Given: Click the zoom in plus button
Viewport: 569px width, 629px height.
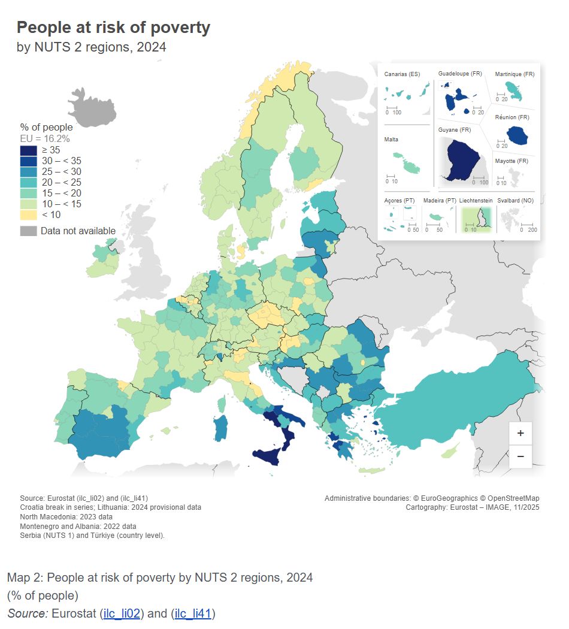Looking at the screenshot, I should pyautogui.click(x=520, y=433).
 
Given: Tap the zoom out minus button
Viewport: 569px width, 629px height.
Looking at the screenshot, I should pyautogui.click(x=520, y=456).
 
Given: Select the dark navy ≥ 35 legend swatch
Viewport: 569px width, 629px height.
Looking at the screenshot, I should pyautogui.click(x=28, y=150).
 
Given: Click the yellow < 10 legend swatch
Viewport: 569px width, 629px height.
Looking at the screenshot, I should pyautogui.click(x=28, y=215).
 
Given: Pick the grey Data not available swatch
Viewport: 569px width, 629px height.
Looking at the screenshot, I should pyautogui.click(x=28, y=231).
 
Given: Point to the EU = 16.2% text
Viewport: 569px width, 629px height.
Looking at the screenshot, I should pyautogui.click(x=45, y=138).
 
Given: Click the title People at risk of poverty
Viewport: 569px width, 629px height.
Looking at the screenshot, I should pyautogui.click(x=113, y=28).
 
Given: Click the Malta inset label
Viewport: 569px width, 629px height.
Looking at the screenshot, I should pyautogui.click(x=391, y=140).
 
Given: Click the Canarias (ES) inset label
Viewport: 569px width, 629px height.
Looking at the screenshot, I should pyautogui.click(x=402, y=74).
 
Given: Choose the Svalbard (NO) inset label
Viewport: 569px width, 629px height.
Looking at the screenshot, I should pyautogui.click(x=514, y=200).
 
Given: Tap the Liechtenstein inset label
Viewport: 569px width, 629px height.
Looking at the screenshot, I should pyautogui.click(x=476, y=200).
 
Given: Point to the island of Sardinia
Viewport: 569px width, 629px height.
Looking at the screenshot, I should pyautogui.click(x=221, y=427).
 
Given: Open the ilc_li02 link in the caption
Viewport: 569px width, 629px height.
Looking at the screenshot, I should pyautogui.click(x=122, y=613).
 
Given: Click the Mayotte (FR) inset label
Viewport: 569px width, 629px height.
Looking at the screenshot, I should pyautogui.click(x=511, y=161).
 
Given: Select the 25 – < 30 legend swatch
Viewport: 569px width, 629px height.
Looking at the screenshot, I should pyautogui.click(x=28, y=172).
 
